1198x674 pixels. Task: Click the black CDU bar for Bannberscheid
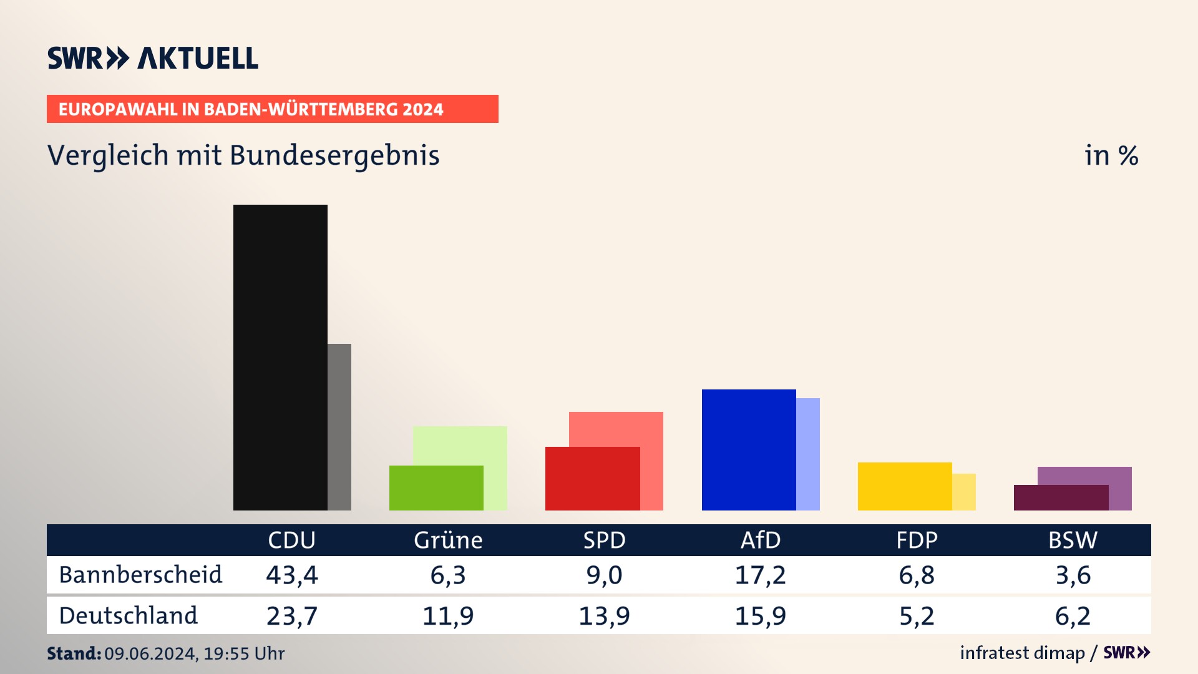click(x=280, y=357)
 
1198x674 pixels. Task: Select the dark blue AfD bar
click(x=749, y=449)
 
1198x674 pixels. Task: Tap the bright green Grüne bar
click(x=436, y=488)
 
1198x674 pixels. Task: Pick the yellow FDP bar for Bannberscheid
click(x=905, y=486)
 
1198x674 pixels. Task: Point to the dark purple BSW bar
click(x=1061, y=498)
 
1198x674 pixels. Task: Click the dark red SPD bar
click(x=592, y=479)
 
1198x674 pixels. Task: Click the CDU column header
click(x=291, y=540)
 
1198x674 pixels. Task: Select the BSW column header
click(x=1073, y=540)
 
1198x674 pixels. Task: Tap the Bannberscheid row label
click(x=140, y=575)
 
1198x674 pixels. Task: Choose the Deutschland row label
click(x=128, y=616)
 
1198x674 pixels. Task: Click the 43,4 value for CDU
click(x=292, y=575)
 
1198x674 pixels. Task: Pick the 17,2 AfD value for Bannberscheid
click(x=760, y=575)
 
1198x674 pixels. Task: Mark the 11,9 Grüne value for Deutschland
click(x=448, y=616)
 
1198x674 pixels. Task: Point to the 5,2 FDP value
click(x=917, y=616)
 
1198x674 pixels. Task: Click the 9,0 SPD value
click(x=604, y=575)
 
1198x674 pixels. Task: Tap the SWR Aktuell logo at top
click(x=153, y=58)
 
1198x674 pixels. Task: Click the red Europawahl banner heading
click(x=272, y=109)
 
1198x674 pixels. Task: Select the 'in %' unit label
click(x=1111, y=155)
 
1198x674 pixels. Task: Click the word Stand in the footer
click(x=74, y=653)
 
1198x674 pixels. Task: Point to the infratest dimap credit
click(x=1022, y=653)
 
